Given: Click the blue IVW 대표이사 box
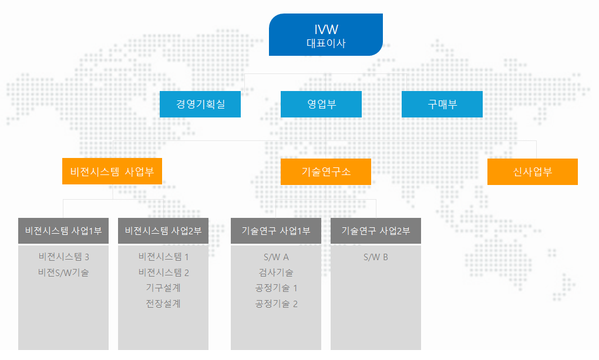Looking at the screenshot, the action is tap(326, 35).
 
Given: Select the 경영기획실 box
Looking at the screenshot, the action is tap(200, 104).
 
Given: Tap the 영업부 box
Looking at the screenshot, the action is tap(321, 104).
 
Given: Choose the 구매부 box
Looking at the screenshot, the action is tap(442, 104).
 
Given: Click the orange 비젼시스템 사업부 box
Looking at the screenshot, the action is tap(112, 171).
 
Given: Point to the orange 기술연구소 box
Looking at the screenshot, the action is tap(326, 171).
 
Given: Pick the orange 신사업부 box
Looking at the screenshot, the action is tap(533, 171).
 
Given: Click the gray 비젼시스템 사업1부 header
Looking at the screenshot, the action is tap(63, 231).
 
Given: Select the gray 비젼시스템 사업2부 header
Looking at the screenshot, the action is tap(163, 231).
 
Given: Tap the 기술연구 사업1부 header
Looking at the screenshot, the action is tap(276, 231).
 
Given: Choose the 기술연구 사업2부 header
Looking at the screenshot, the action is tap(375, 231).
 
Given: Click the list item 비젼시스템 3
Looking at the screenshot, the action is tap(64, 257).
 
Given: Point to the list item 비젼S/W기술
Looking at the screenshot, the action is tap(63, 272).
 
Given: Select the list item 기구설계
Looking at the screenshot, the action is tap(163, 288).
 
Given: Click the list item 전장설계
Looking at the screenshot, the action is tap(163, 304).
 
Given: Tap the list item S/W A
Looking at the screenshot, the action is tap(276, 257).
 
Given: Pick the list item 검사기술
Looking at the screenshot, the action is tap(276, 272).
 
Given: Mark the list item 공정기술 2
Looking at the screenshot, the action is tap(276, 304).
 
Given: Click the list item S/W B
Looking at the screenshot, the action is tap(375, 257).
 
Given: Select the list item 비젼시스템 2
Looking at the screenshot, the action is tap(163, 272).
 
